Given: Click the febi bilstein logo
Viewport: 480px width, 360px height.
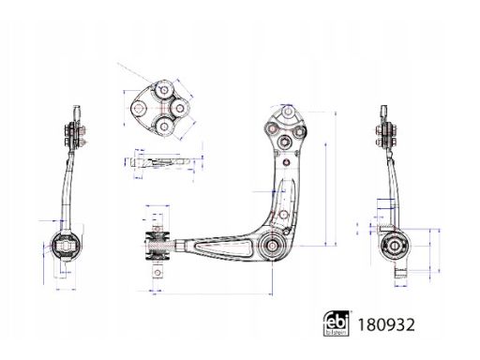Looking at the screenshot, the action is point(336,323).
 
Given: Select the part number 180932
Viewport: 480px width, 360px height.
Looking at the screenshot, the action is point(386,324).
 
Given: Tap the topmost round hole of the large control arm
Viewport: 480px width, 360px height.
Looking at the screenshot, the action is point(288,111).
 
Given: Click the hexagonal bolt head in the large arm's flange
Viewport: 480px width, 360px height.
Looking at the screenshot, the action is point(285,142).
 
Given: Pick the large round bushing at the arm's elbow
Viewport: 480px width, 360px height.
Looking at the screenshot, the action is point(272,245).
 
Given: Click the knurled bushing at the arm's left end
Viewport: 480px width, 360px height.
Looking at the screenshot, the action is point(157,245).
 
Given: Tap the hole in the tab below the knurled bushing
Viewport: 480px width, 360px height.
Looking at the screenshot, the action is point(157,273).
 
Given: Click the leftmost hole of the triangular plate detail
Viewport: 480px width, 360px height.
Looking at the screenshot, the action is point(139,108).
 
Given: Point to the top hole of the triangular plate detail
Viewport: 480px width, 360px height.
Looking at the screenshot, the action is point(164,90).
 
